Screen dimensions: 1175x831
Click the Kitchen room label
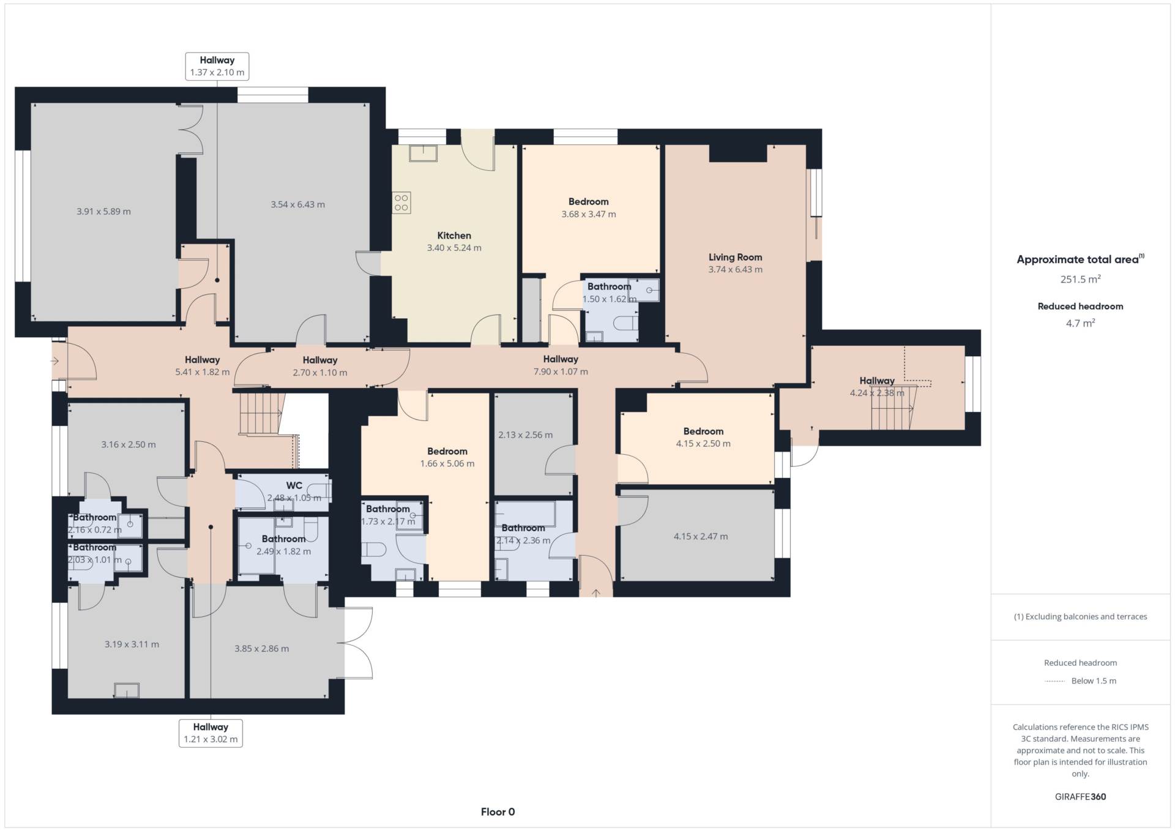tap(454, 236)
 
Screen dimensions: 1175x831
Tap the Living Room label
tap(735, 257)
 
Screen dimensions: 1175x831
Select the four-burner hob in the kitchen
tap(401, 203)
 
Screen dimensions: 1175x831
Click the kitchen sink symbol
tap(423, 153)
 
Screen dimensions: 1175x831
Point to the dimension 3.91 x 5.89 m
tap(103, 212)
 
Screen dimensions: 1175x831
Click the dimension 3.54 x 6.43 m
tap(297, 204)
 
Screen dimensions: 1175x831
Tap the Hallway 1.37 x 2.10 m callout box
tap(217, 66)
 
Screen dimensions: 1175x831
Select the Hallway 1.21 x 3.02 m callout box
tap(211, 733)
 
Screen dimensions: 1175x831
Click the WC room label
tap(294, 486)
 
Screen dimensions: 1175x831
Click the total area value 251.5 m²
tap(1081, 279)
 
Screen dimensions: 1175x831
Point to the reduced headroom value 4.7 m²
tap(1081, 323)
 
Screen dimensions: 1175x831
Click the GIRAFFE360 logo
tap(1081, 797)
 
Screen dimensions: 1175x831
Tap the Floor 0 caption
tap(498, 812)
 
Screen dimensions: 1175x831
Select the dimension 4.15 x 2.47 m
tap(701, 537)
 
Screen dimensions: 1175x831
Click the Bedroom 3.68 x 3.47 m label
tap(589, 208)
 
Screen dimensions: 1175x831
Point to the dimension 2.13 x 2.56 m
tap(525, 435)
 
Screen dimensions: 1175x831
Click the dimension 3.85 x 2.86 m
tap(261, 649)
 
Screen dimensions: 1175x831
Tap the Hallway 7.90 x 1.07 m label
tap(561, 365)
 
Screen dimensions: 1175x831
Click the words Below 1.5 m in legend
tap(1094, 681)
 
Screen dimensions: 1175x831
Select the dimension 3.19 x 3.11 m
tap(132, 644)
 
